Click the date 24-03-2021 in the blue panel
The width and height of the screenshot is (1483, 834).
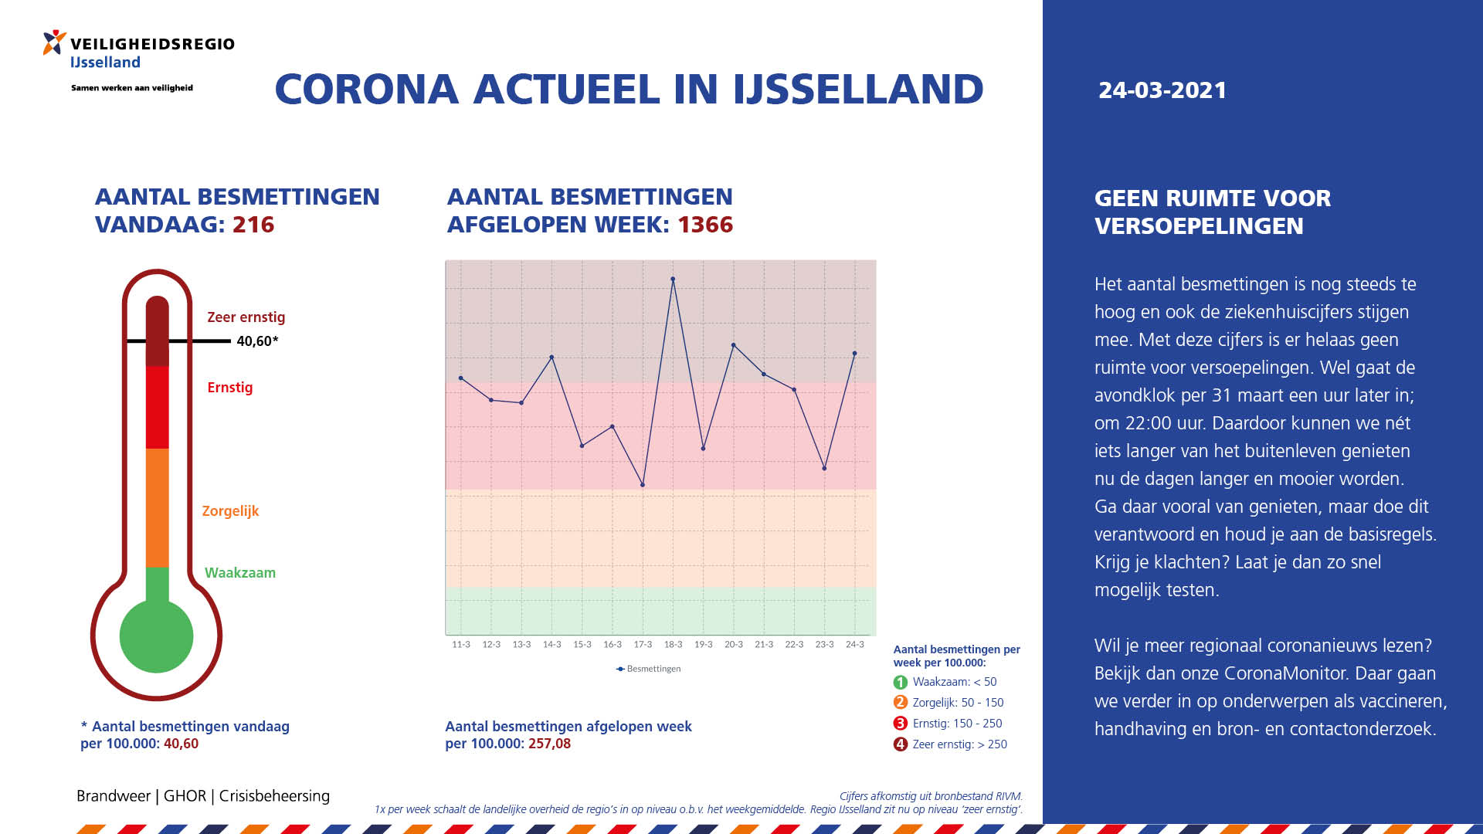point(1162,90)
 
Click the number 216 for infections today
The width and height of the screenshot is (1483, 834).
point(253,225)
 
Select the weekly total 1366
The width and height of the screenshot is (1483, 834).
point(705,225)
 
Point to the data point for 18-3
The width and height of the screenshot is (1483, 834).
point(673,279)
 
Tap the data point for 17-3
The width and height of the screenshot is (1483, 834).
point(643,485)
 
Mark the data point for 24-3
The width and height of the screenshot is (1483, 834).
point(854,354)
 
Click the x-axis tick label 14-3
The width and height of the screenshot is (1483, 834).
point(551,644)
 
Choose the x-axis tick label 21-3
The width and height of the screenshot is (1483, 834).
point(764,644)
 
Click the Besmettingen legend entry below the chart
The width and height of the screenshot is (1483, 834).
point(649,669)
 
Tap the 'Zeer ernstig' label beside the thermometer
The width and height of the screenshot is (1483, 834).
point(246,317)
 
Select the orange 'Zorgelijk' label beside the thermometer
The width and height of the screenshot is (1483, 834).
point(230,511)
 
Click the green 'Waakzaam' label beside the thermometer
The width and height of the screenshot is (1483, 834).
point(240,573)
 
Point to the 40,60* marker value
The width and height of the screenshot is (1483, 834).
point(257,341)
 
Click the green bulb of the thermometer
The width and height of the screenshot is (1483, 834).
point(157,636)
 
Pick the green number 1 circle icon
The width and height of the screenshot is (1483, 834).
point(901,683)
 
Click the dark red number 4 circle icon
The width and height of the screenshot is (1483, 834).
point(901,744)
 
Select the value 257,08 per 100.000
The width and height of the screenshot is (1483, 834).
point(550,744)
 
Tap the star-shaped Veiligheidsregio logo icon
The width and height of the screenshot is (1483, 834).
point(54,42)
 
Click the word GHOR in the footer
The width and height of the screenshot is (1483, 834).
point(185,796)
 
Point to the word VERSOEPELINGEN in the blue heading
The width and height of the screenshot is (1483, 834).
point(1199,226)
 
